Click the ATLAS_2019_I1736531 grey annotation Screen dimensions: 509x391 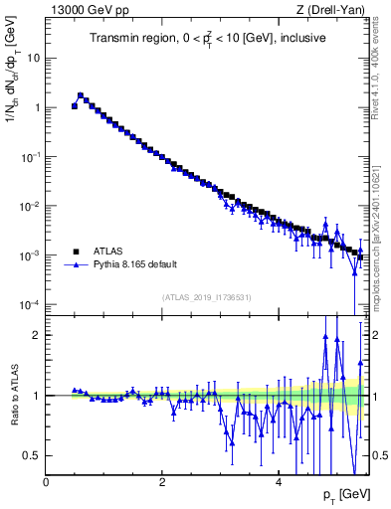coord(207,297)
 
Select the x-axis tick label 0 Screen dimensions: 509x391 coord(46,482)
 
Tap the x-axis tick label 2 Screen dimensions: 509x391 coord(162,482)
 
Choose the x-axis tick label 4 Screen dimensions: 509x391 coord(279,482)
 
